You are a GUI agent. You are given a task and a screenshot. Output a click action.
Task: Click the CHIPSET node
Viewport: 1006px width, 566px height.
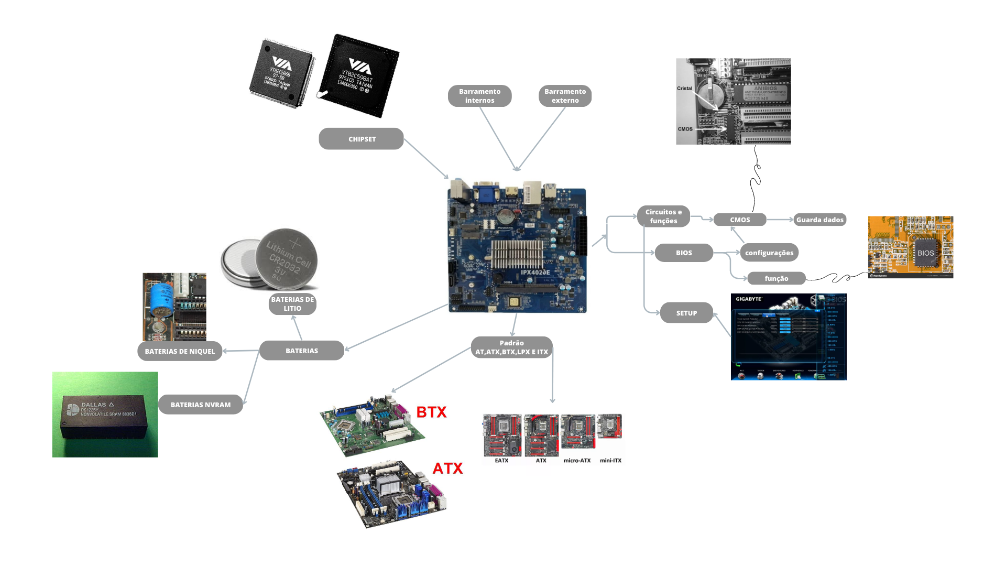(x=361, y=139)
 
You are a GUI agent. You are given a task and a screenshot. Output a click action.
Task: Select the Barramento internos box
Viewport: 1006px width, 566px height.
(x=479, y=96)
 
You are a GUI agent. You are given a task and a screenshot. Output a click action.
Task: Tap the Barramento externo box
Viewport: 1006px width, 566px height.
(x=565, y=96)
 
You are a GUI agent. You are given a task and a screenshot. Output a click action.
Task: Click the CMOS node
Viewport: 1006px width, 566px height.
(x=740, y=220)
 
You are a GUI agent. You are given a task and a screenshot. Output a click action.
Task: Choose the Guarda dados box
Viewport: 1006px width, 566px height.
(x=819, y=220)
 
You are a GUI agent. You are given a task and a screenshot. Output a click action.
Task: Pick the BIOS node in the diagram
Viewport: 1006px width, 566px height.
(x=684, y=253)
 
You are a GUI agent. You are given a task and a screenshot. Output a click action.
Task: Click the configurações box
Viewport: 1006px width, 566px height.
(x=769, y=253)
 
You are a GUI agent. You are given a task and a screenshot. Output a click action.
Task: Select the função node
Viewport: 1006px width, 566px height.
(x=776, y=278)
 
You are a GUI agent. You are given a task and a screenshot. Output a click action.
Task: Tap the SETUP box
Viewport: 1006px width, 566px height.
(x=686, y=313)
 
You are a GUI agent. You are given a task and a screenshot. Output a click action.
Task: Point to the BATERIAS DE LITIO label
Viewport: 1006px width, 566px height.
(x=292, y=304)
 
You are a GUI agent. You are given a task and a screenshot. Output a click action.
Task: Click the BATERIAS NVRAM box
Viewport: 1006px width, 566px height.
(x=201, y=405)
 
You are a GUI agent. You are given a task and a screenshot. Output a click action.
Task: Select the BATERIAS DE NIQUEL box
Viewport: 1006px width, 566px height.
(x=180, y=351)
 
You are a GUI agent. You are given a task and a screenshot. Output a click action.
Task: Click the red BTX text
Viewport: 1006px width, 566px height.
(x=431, y=412)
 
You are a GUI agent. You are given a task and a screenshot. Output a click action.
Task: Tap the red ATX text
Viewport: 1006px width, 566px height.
(x=447, y=469)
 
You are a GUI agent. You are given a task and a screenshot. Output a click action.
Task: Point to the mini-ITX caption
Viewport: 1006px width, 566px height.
(x=610, y=461)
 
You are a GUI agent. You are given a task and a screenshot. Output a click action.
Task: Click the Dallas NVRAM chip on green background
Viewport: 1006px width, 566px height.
(x=105, y=415)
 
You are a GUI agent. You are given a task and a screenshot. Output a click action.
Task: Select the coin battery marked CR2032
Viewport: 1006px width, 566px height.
(x=286, y=258)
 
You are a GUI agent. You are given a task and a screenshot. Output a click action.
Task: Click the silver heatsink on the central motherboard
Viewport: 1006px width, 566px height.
(x=517, y=254)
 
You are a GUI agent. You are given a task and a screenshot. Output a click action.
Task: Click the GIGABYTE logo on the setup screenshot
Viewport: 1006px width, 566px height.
(x=749, y=299)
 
